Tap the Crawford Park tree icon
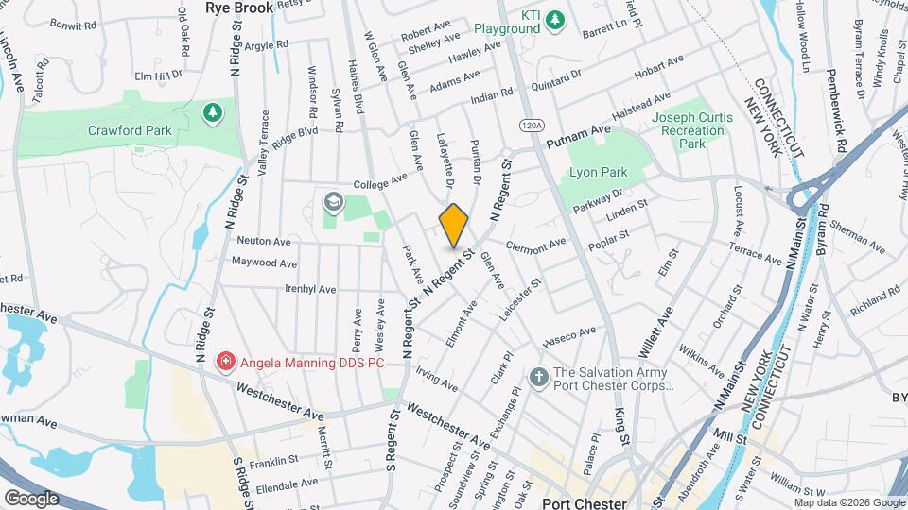(x=213, y=113)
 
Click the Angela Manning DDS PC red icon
(x=226, y=360)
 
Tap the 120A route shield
(x=531, y=124)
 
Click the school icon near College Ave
(x=332, y=202)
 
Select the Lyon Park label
(x=599, y=173)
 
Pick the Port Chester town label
(x=586, y=502)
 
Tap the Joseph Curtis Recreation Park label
(x=692, y=130)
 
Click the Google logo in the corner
(x=31, y=498)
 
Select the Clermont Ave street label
(x=536, y=242)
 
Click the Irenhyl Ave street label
(x=310, y=289)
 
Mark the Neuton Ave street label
(x=264, y=241)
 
